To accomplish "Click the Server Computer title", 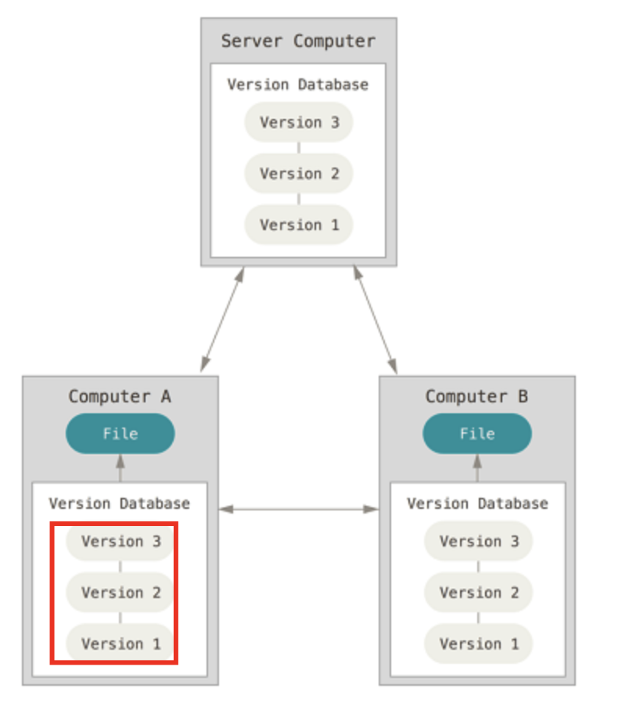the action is pos(298,41).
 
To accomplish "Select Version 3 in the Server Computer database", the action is pos(299,123).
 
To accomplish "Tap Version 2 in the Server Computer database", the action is pos(299,174).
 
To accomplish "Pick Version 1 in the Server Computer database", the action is pos(299,225).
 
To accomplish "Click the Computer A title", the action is pos(120,396).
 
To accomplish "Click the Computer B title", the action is pos(476,396).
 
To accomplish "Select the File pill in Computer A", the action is pos(120,434).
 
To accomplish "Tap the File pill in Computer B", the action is pos(477,434).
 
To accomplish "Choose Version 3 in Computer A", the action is pos(120,542).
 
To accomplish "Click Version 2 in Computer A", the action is pos(120,593).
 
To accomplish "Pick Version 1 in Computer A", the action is pos(120,644).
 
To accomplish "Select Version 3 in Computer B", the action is pos(478,542).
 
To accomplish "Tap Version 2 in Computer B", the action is pos(478,593).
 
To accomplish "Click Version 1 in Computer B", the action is pos(478,644).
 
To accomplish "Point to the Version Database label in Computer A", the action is pos(119,503).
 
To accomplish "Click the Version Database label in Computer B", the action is pos(477,503).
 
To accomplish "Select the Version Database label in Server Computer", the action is pos(298,85).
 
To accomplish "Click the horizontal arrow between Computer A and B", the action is pos(298,509).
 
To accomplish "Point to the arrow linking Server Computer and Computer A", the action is pos(222,319).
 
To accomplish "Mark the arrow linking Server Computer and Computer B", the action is pos(376,319).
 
